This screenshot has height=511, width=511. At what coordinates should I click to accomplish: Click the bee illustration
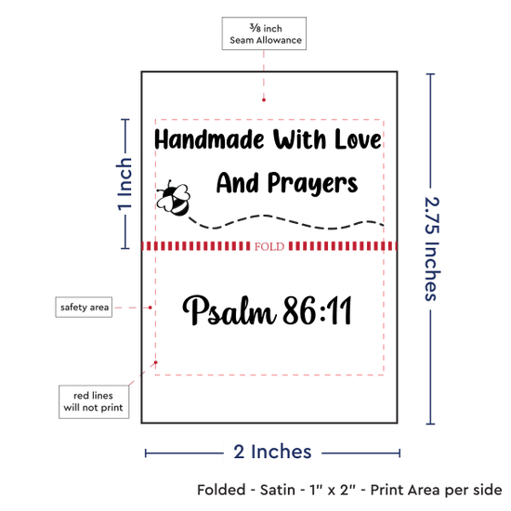point(173,199)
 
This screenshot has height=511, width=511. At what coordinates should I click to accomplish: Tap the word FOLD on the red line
point(269,247)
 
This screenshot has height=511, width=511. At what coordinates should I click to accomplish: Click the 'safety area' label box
point(84,307)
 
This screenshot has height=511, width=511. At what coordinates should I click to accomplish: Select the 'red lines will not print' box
point(94,401)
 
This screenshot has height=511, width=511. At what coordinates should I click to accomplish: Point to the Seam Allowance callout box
point(264,33)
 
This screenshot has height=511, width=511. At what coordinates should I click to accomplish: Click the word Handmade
point(209,139)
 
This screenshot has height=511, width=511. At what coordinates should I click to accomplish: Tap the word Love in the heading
point(358,139)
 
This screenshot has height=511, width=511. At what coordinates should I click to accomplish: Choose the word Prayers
point(313,184)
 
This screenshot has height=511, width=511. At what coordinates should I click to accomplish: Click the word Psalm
point(229,310)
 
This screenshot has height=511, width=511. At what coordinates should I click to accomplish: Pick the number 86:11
point(318,310)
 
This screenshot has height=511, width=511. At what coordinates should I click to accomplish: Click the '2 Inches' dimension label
point(272,452)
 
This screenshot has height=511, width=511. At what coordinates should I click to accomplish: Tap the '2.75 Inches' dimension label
point(432,249)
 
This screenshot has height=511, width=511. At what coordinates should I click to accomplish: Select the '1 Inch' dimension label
point(124,184)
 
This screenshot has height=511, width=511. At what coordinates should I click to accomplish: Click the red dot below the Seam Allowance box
point(264,99)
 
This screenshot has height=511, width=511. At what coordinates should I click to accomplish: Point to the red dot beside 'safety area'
point(150,308)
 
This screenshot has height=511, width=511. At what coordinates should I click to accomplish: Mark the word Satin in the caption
point(278,490)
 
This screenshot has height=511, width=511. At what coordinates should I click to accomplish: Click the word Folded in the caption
point(221,490)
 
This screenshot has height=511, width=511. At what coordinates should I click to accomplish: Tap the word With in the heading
point(299,139)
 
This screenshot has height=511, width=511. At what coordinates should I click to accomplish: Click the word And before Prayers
point(238,182)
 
